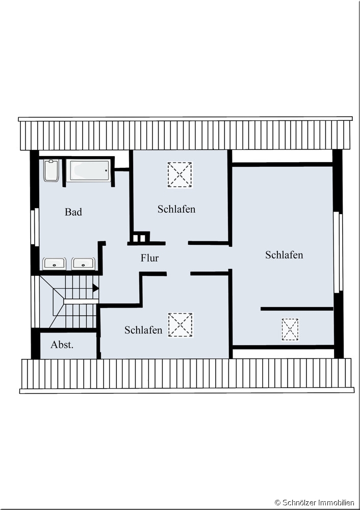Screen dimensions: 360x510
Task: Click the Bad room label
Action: coord(73,212)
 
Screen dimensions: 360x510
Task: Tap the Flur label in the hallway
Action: coord(149,258)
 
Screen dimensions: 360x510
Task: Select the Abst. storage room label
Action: coord(62,345)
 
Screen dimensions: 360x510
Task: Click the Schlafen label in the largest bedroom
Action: coord(284,254)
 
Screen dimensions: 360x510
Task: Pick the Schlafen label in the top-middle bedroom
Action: coord(176,209)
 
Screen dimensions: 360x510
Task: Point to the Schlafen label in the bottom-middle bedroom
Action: coord(143,330)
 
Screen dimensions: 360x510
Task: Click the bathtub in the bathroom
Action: coord(88,171)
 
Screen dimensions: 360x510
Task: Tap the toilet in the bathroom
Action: coord(52,170)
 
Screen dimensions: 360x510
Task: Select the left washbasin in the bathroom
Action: coord(55,264)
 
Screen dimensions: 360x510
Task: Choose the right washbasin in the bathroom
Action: coord(84,264)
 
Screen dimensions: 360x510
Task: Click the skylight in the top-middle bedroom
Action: coord(180,174)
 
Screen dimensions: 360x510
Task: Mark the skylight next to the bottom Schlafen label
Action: coord(181,325)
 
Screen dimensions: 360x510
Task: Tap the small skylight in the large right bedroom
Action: coord(290,329)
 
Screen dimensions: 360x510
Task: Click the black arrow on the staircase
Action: coord(96,288)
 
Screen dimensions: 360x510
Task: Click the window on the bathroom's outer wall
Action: coord(35,227)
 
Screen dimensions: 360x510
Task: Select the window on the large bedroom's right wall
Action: coord(338,251)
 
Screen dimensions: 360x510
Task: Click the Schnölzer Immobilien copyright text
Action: coord(315,502)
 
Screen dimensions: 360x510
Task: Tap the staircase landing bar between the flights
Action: coord(81,301)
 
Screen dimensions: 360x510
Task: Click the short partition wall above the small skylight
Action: coord(297,309)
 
